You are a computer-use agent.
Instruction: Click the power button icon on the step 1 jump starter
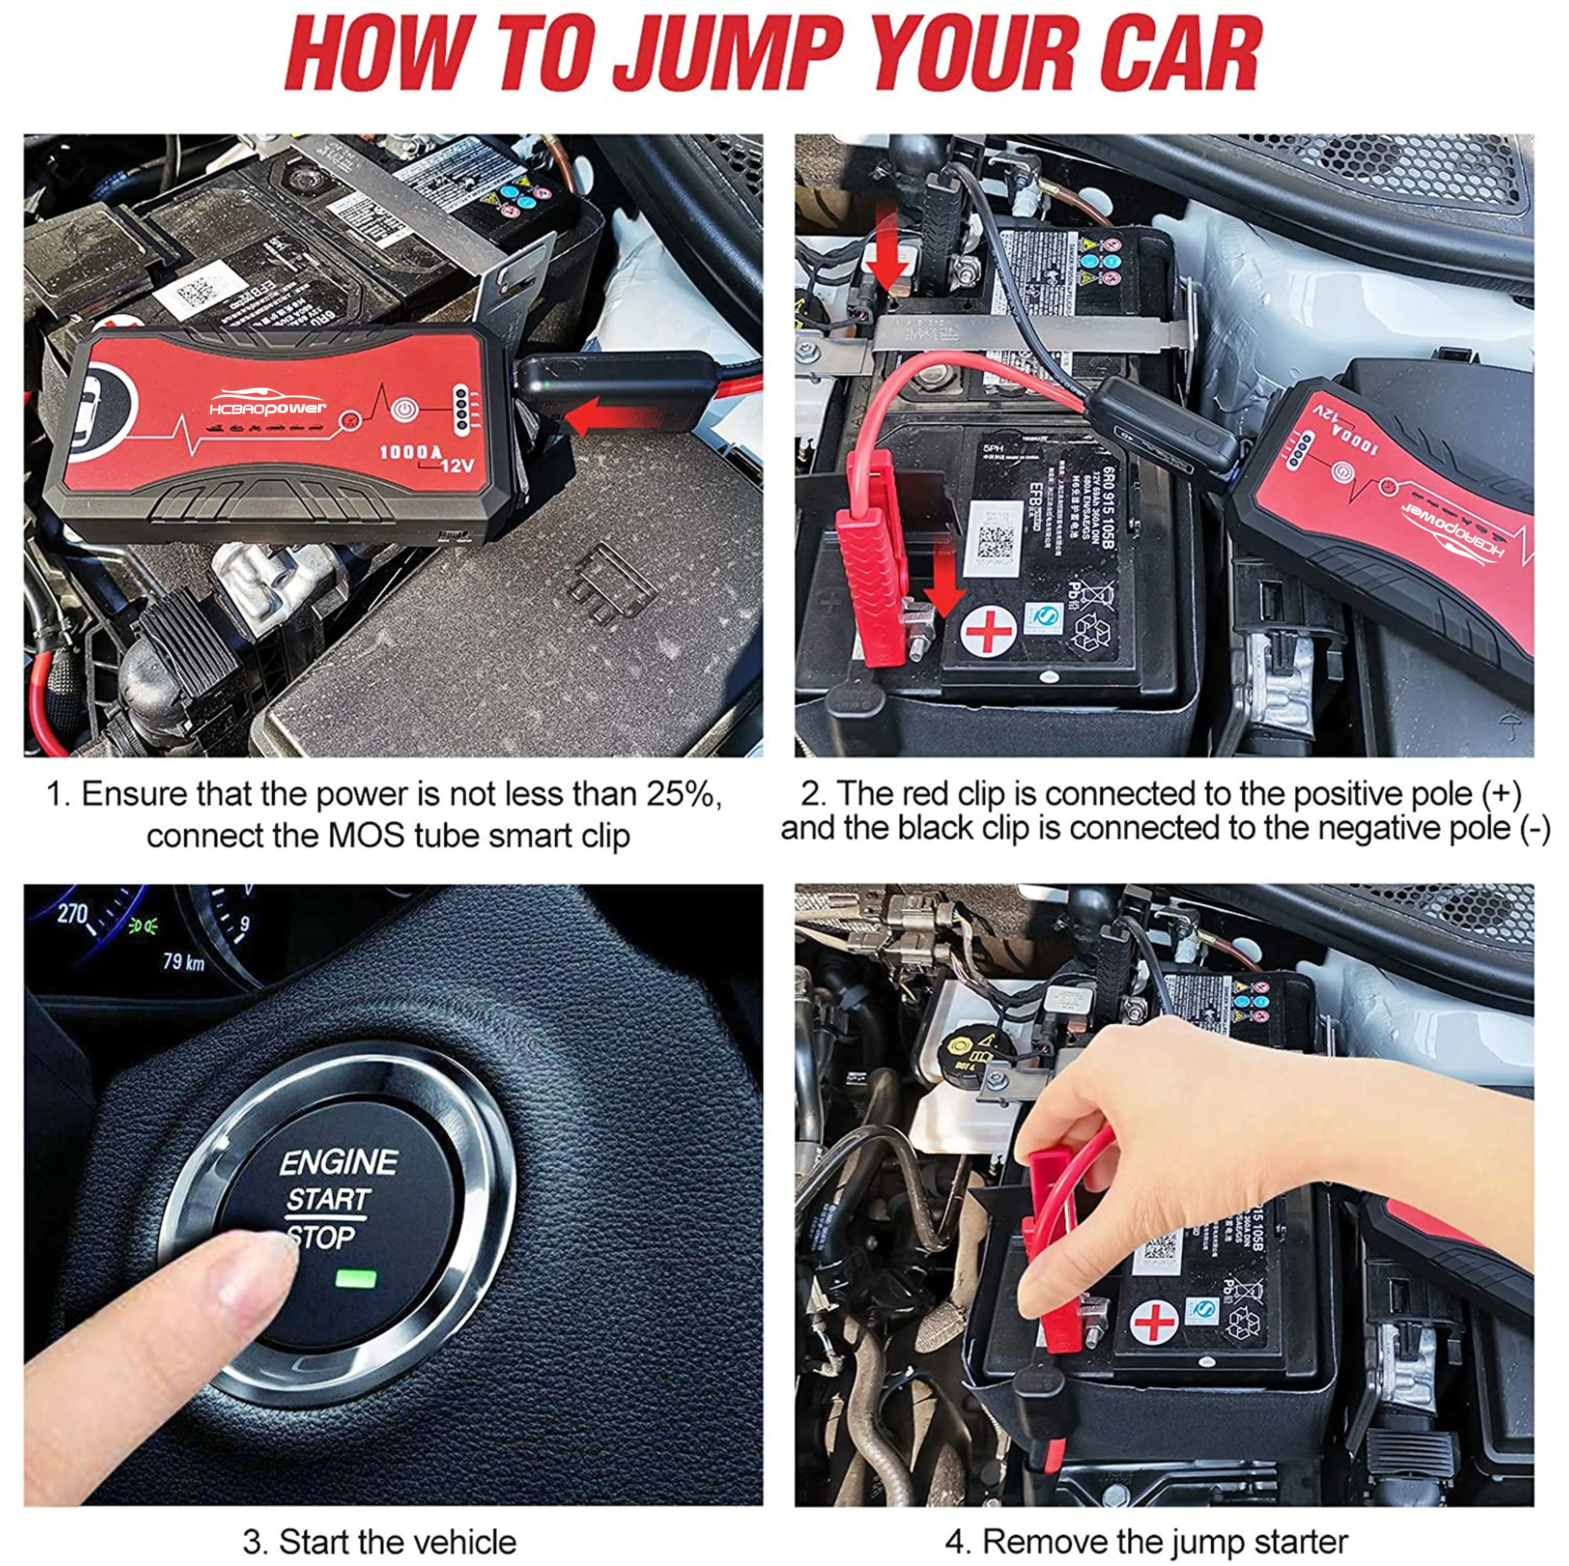(404, 410)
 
